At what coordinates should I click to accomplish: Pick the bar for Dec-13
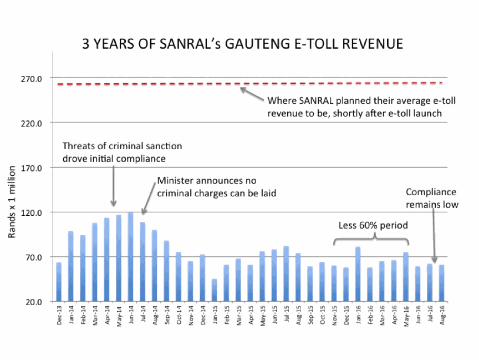point(59,282)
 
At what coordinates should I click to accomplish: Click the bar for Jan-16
point(358,275)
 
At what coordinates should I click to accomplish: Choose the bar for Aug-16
point(441,283)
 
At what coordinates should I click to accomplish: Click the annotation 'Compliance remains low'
point(431,198)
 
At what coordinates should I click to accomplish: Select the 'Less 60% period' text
point(373,226)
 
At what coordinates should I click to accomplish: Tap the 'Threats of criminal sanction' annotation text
point(122,151)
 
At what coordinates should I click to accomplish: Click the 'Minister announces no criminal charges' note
point(216,187)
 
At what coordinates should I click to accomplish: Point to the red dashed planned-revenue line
point(166,84)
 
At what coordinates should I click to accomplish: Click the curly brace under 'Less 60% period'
point(371,239)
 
